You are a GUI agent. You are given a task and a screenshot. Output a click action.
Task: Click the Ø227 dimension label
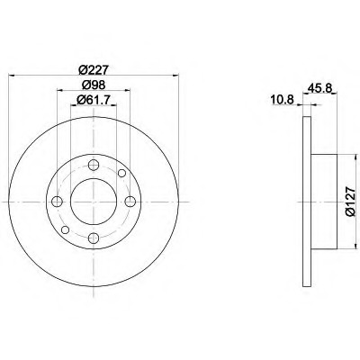coord(94,70)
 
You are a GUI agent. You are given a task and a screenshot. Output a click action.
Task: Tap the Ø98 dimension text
coord(94,85)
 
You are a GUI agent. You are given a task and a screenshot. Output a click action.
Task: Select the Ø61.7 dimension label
coord(94,100)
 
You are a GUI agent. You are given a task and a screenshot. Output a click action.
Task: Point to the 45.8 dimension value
coord(319,88)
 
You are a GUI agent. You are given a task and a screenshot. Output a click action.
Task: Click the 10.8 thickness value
coord(282,99)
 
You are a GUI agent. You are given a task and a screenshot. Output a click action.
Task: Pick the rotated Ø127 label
coord(350,202)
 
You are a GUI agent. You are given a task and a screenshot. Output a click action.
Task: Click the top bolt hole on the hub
coord(94,165)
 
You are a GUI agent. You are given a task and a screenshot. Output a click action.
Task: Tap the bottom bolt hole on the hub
coord(94,238)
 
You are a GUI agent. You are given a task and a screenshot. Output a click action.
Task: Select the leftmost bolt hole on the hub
coord(57,202)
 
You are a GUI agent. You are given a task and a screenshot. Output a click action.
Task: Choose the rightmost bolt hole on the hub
coord(130,202)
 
